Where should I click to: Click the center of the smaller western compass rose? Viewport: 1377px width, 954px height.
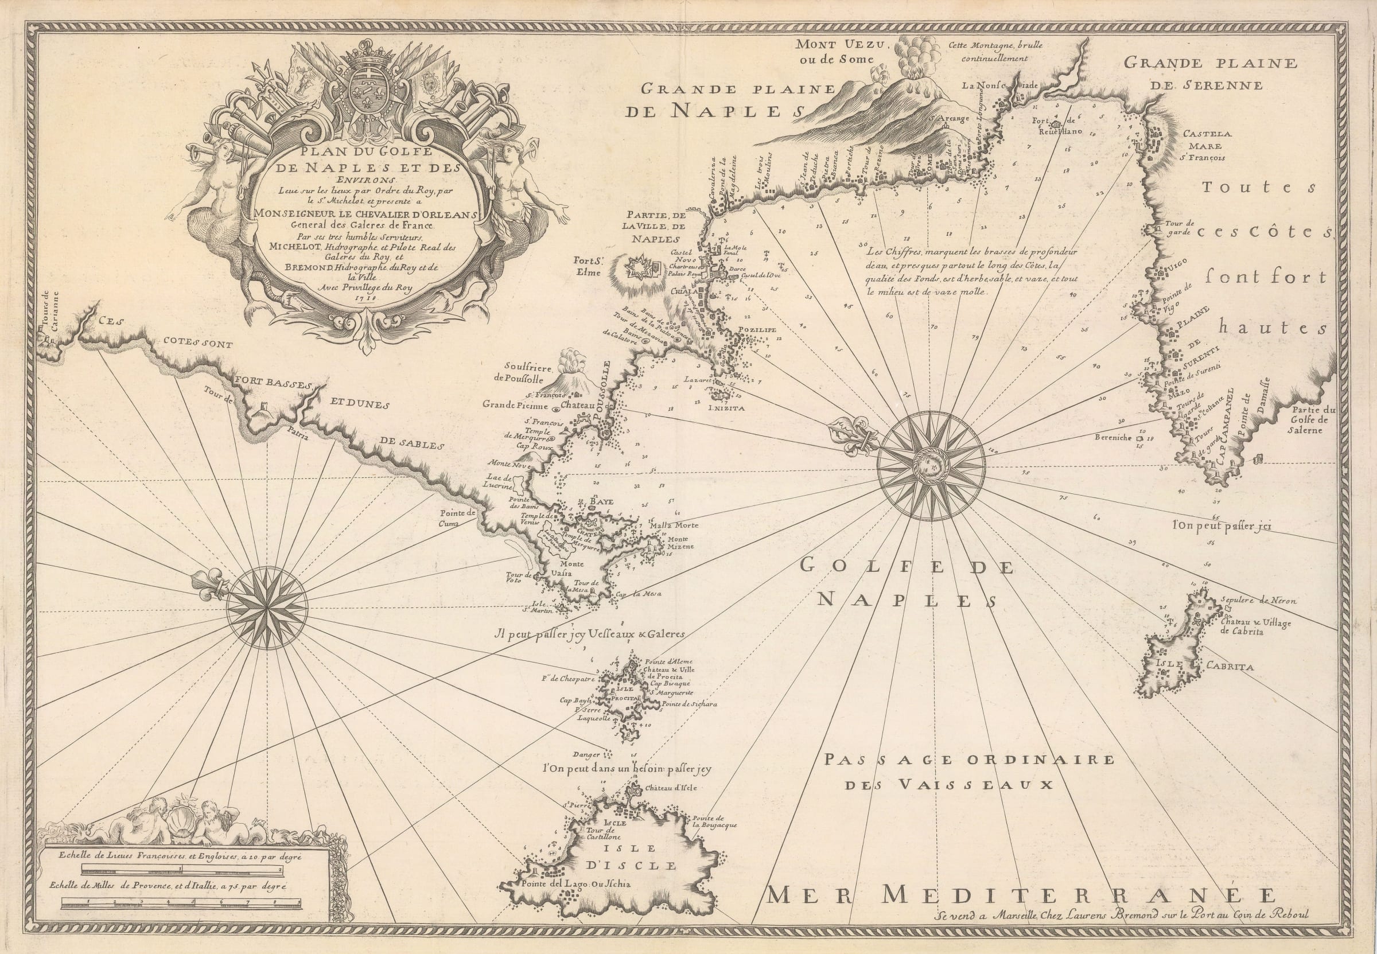tap(267, 609)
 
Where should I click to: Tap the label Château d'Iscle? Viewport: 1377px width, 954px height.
tap(671, 788)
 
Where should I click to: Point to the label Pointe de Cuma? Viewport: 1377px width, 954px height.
tap(458, 517)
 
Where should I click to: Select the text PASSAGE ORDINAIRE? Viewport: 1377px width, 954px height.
tap(969, 760)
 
